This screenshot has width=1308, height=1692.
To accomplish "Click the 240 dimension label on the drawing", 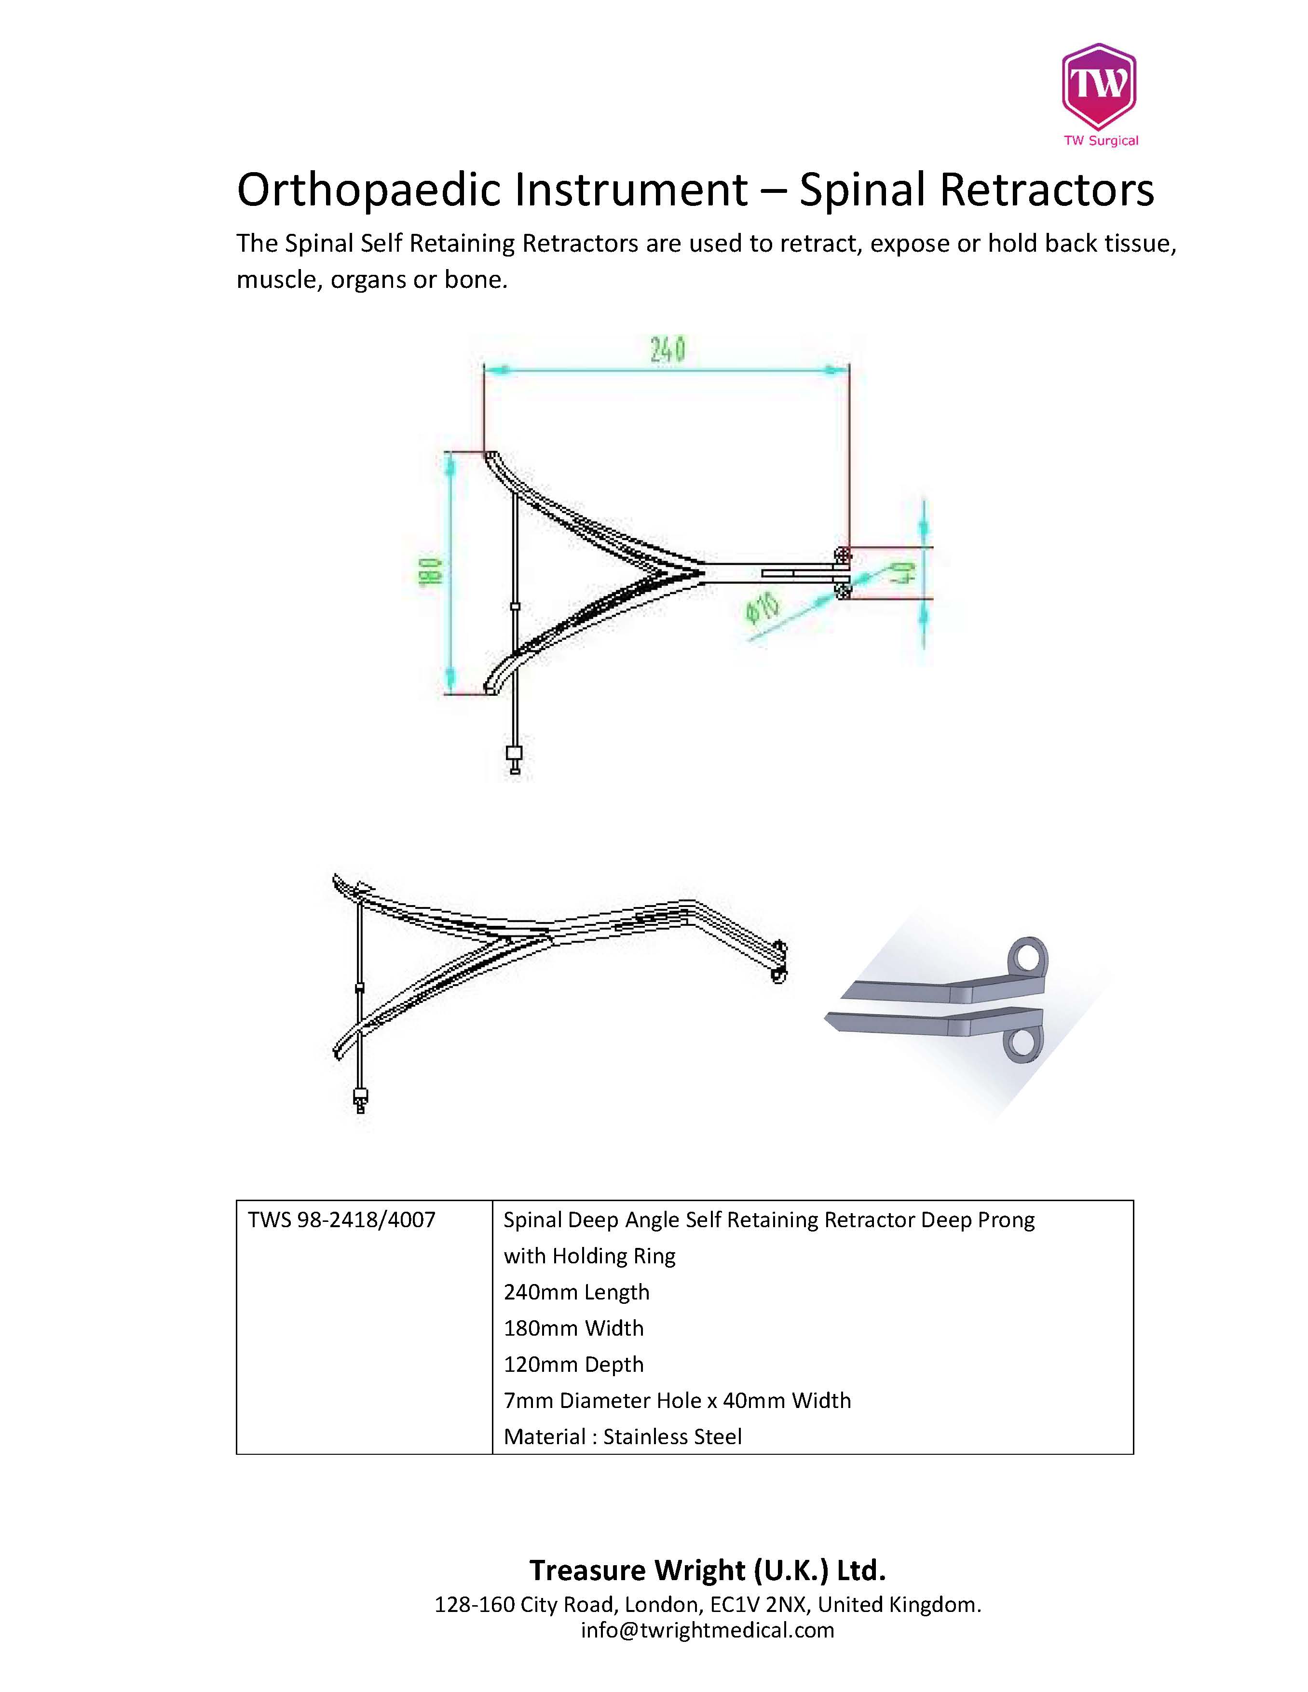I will pyautogui.click(x=667, y=350).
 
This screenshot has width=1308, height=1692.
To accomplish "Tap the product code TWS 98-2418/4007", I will pyautogui.click(x=342, y=1220).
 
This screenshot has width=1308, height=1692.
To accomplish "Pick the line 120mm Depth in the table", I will pyautogui.click(x=573, y=1364).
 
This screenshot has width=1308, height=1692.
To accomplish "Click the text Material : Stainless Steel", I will pyautogui.click(x=622, y=1436).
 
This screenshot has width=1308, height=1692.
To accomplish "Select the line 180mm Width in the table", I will pyautogui.click(x=573, y=1328).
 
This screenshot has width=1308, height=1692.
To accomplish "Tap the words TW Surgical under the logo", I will pyautogui.click(x=1100, y=141).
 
